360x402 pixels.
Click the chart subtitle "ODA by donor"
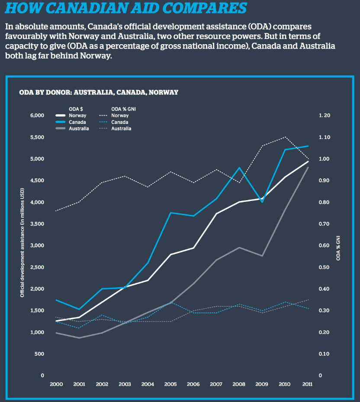click(99, 92)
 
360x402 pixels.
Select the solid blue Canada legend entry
click(72, 122)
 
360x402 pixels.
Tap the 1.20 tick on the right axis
click(324, 116)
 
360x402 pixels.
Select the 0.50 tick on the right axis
click(324, 267)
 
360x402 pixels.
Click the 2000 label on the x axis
click(56, 384)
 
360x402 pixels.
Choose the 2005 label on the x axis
click(170, 384)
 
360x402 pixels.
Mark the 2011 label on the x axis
click(307, 384)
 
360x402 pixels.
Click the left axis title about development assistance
click(21, 243)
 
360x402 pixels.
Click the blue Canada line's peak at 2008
click(239, 167)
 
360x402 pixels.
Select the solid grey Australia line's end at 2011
click(308, 167)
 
